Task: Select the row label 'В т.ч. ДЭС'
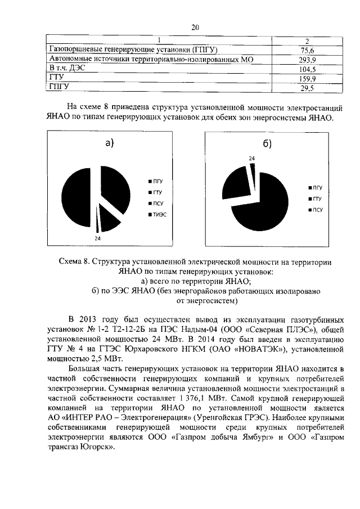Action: click(x=67, y=69)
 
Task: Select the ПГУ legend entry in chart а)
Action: click(x=159, y=181)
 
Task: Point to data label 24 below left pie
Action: click(x=97, y=238)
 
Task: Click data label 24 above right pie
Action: click(x=251, y=159)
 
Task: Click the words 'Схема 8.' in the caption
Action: click(x=75, y=262)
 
